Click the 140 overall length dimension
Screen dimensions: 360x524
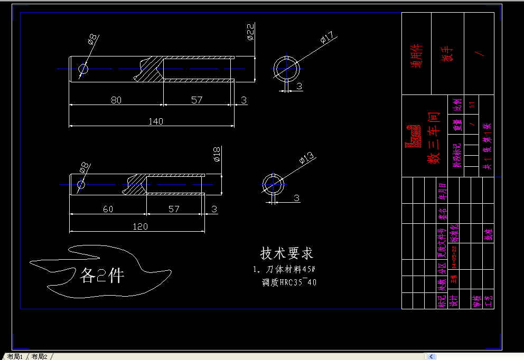155,121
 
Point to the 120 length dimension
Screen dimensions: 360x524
140,226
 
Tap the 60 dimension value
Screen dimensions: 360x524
108,209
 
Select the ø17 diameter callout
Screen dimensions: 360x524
326,38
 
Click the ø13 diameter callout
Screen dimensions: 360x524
306,157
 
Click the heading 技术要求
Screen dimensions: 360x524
287,253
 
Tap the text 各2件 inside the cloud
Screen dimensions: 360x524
102,275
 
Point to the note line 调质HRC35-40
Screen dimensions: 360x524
289,282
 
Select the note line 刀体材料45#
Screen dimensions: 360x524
284,270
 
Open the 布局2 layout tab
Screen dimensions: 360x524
39,356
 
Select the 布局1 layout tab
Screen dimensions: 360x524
15,356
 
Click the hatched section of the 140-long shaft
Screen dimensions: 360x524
149,69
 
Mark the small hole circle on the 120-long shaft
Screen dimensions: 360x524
81,185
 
